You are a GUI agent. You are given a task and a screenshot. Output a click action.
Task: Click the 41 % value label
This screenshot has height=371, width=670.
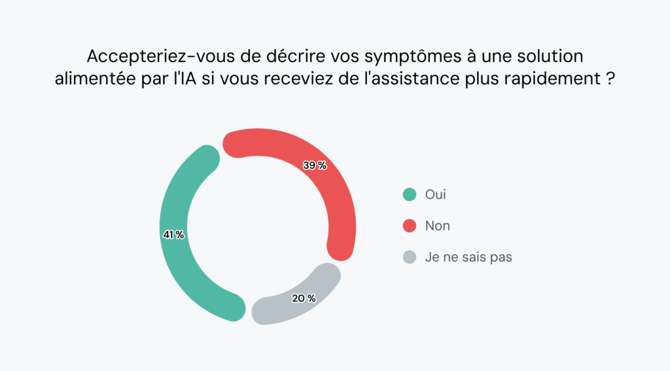click(173, 234)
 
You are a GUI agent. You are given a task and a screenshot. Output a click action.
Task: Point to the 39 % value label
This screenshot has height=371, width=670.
click(315, 166)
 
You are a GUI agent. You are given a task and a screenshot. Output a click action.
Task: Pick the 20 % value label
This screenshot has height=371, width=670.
click(304, 298)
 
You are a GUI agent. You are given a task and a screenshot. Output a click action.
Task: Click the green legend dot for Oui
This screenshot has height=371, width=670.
click(410, 194)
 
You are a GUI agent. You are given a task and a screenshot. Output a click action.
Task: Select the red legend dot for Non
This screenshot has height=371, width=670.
click(410, 226)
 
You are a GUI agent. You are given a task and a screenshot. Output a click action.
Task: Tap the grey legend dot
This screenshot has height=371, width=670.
click(410, 257)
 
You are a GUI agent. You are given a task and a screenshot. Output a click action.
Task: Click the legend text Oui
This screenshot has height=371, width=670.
click(436, 194)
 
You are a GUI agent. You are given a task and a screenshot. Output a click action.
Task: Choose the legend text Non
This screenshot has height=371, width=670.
click(438, 226)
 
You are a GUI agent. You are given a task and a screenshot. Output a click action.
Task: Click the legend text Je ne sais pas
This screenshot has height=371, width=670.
click(468, 257)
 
